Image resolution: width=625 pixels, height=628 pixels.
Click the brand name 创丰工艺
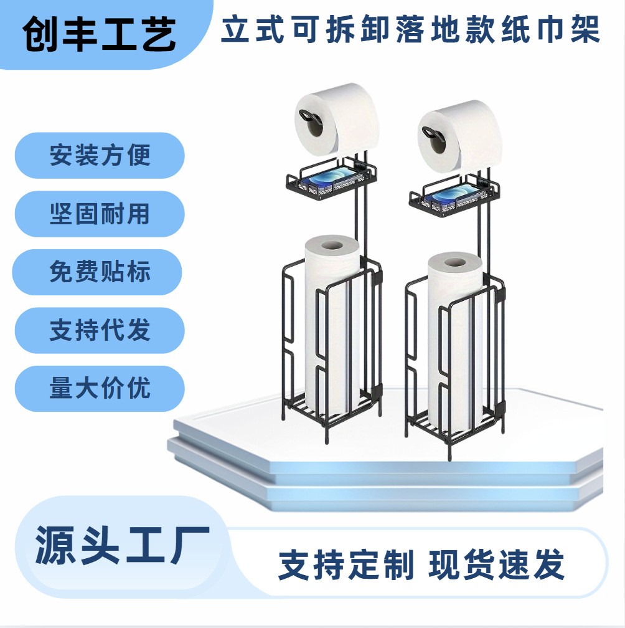click(x=100, y=36)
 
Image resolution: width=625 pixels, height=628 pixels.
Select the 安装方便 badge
click(x=100, y=155)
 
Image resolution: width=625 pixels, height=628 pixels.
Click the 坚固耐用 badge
click(x=100, y=214)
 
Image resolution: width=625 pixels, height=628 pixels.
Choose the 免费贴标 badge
click(x=100, y=272)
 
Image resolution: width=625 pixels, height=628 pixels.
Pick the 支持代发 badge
click(x=100, y=330)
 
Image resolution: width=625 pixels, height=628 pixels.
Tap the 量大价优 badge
click(x=100, y=389)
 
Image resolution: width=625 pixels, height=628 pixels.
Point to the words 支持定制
click(x=346, y=565)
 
